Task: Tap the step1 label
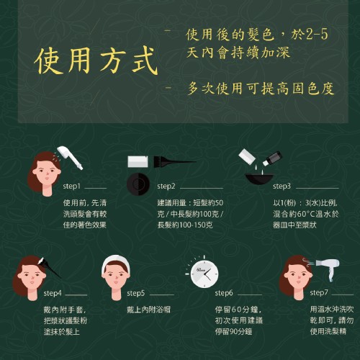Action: pos(71,186)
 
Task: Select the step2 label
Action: pos(166,186)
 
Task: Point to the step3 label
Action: pos(282,186)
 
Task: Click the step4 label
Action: pos(53,293)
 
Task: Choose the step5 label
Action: pos(136,293)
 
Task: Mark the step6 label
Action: pos(224,293)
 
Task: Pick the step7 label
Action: pos(319,293)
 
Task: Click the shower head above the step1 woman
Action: pos(71,157)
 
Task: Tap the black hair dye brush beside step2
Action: pos(175,162)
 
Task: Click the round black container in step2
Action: pos(138,184)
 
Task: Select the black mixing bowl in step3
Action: pos(259,179)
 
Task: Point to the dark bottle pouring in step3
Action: pos(272,158)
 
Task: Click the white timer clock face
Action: pos(204,274)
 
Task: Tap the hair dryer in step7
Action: pos(328,269)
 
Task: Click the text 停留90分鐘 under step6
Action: pos(233,332)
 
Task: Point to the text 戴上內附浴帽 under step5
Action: pos(148,310)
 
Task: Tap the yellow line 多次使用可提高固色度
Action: pos(261,89)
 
